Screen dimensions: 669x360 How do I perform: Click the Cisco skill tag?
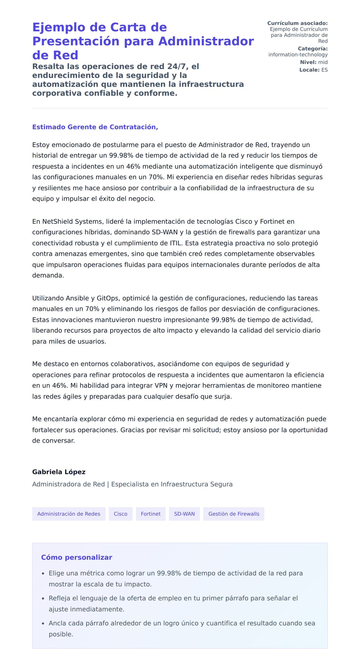coord(120,514)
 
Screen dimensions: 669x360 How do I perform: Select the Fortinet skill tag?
coord(151,514)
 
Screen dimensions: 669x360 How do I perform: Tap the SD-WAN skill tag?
coord(184,514)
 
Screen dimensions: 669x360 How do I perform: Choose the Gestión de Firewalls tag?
coord(234,514)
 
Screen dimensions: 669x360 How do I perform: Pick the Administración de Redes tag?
coord(69,514)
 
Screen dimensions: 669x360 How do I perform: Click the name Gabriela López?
coord(59,472)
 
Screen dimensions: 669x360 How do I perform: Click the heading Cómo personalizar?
coord(76,557)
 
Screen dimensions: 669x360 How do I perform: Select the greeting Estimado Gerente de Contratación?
coord(95,127)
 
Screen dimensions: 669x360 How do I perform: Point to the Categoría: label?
coord(313,49)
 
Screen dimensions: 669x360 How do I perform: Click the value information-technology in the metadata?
coord(298,55)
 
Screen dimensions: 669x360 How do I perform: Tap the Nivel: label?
coord(308,62)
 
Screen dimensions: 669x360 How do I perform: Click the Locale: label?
coord(309,70)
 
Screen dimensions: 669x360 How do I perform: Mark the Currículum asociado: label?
coord(297,23)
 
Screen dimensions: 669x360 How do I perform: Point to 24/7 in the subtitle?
coord(178,66)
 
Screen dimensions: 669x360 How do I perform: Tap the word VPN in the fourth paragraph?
coord(161,385)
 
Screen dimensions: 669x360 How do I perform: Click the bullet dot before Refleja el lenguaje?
coord(43,598)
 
